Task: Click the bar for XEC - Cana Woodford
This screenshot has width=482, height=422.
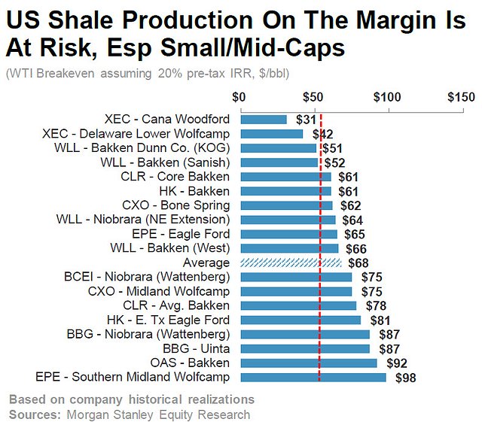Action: click(263, 120)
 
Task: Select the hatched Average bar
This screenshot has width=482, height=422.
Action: click(290, 263)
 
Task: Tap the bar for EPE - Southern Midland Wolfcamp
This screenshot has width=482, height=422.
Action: click(313, 378)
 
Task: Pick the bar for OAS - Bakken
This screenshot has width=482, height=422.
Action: click(308, 363)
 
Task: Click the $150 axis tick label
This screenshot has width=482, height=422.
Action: click(460, 97)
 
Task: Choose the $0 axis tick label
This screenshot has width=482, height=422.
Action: click(239, 97)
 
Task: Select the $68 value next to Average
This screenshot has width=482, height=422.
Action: click(357, 263)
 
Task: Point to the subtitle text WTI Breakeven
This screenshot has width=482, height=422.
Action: click(44, 74)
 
